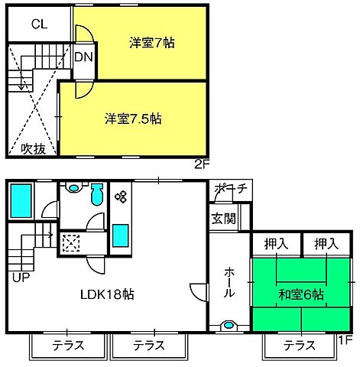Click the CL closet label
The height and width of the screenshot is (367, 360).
pyautogui.click(x=40, y=24)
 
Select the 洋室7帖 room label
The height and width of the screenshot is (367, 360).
pyautogui.click(x=151, y=43)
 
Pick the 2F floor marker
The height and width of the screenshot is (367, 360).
pyautogui.click(x=201, y=163)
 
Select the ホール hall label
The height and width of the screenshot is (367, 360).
pyautogui.click(x=230, y=284)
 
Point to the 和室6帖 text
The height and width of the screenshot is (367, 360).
pyautogui.click(x=302, y=294)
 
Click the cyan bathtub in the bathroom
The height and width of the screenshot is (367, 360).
pyautogui.click(x=21, y=201)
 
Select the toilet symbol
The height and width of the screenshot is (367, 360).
pyautogui.click(x=96, y=195)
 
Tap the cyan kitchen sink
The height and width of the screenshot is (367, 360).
pyautogui.click(x=120, y=235)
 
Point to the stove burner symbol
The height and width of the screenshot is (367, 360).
pyautogui.click(x=120, y=197)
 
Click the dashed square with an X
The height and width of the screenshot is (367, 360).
pyautogui.click(x=72, y=243)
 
